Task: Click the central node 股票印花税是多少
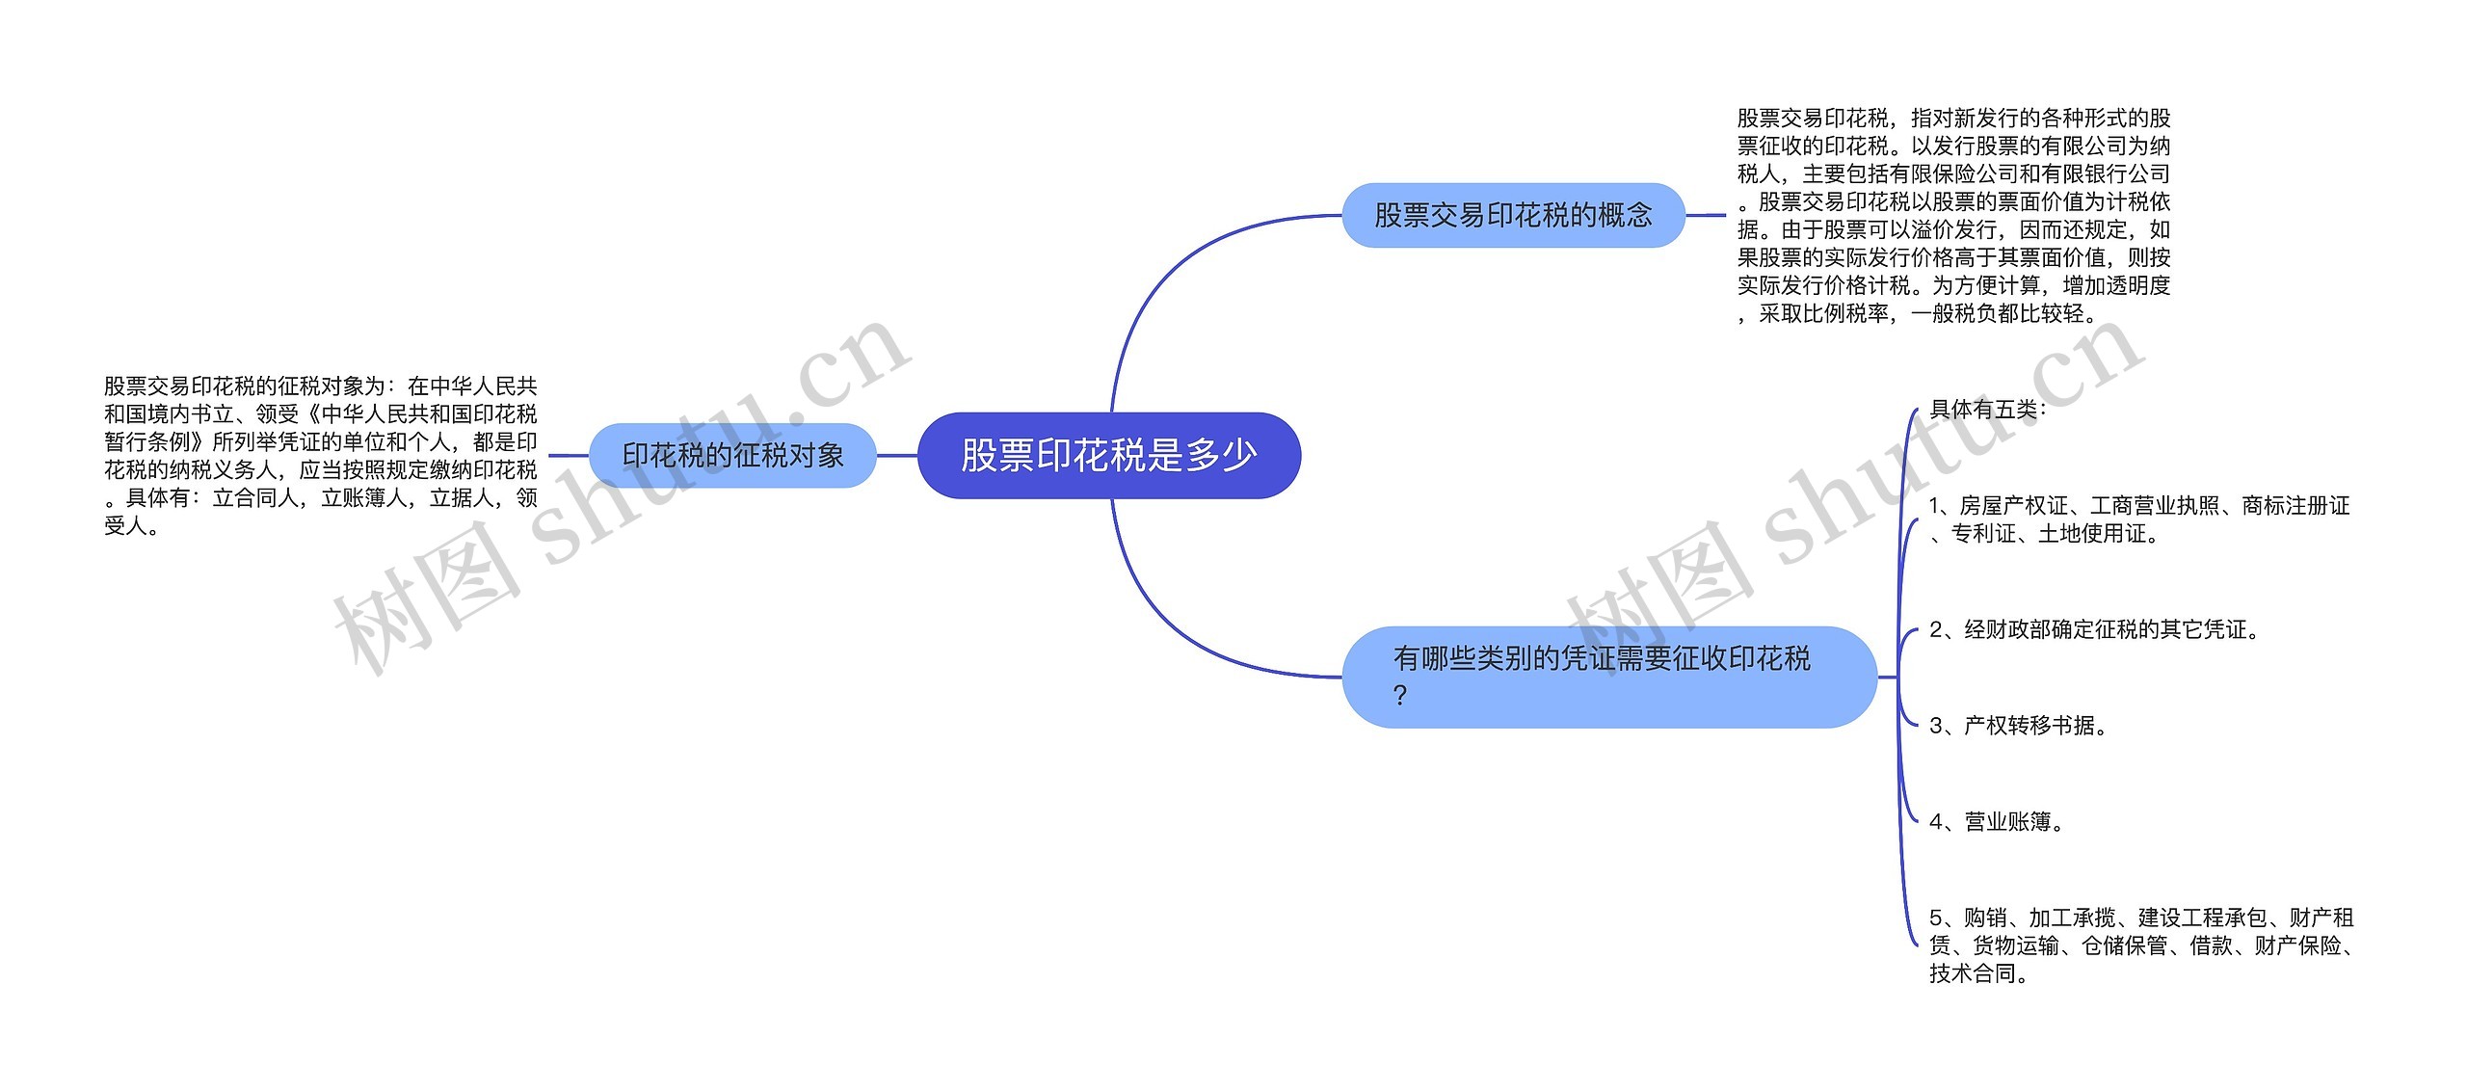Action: pyautogui.click(x=1108, y=455)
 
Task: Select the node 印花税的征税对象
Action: pyautogui.click(x=732, y=455)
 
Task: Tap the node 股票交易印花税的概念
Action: pyautogui.click(x=1513, y=215)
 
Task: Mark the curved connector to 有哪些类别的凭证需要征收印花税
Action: pyautogui.click(x=1176, y=626)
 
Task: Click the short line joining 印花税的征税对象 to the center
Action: pyautogui.click(x=896, y=455)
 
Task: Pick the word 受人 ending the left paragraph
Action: pyautogui.click(x=126, y=526)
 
